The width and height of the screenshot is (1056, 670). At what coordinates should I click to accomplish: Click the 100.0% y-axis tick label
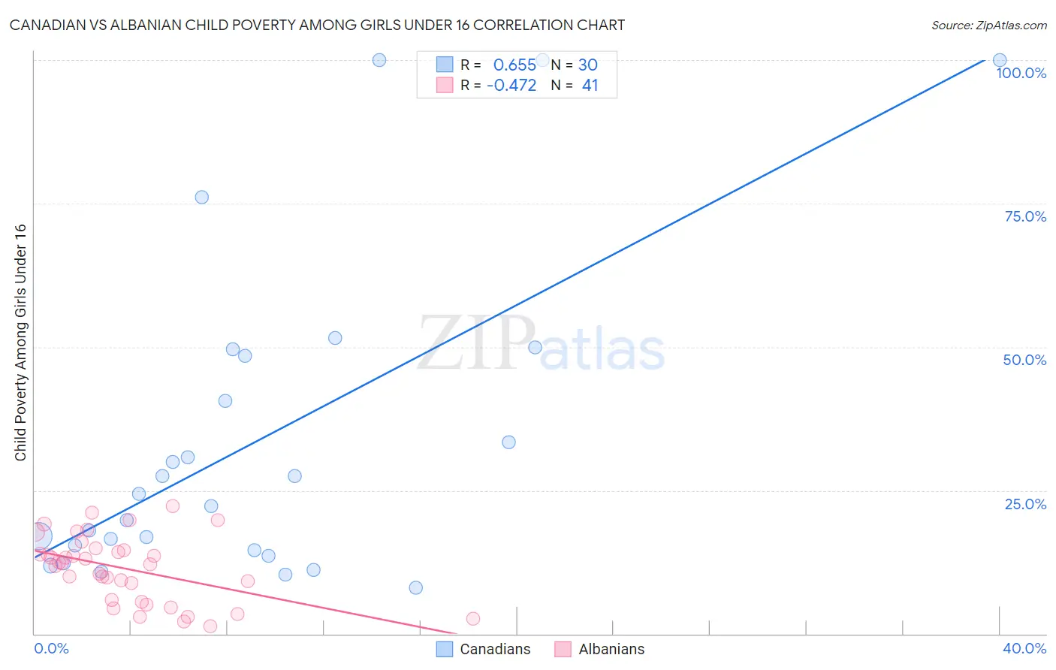point(1021,73)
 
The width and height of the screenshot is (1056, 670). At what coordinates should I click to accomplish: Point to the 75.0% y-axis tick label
point(1025,216)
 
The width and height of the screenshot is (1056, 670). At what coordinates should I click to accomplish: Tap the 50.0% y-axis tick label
point(1024,360)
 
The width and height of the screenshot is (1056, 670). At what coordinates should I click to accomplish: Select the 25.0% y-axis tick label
point(1025,504)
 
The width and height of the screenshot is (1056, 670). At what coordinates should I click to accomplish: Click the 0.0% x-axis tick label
point(51,648)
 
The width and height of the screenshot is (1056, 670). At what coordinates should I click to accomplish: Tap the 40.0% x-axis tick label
point(1024,648)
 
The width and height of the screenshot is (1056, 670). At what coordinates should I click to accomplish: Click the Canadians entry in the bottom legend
point(494,649)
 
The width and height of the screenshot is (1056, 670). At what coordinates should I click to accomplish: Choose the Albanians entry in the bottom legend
point(611,649)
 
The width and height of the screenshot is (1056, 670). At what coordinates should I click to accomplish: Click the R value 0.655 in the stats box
point(514,65)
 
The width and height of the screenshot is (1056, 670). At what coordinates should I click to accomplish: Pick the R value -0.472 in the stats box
point(511,85)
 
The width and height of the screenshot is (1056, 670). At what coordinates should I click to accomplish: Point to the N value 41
point(590,85)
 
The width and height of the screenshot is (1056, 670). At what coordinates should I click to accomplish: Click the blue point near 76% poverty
point(202,198)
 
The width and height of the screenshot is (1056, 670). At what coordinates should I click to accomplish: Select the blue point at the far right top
point(1000,60)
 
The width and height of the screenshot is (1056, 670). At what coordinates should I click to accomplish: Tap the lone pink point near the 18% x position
point(473,619)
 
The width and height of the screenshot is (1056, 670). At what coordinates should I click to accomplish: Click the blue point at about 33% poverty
point(508,442)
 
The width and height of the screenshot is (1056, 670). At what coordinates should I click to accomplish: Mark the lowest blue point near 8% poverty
point(416,588)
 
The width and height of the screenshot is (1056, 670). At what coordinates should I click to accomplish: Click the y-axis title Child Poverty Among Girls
point(20,343)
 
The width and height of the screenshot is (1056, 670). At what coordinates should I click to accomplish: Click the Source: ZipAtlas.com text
point(988,25)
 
